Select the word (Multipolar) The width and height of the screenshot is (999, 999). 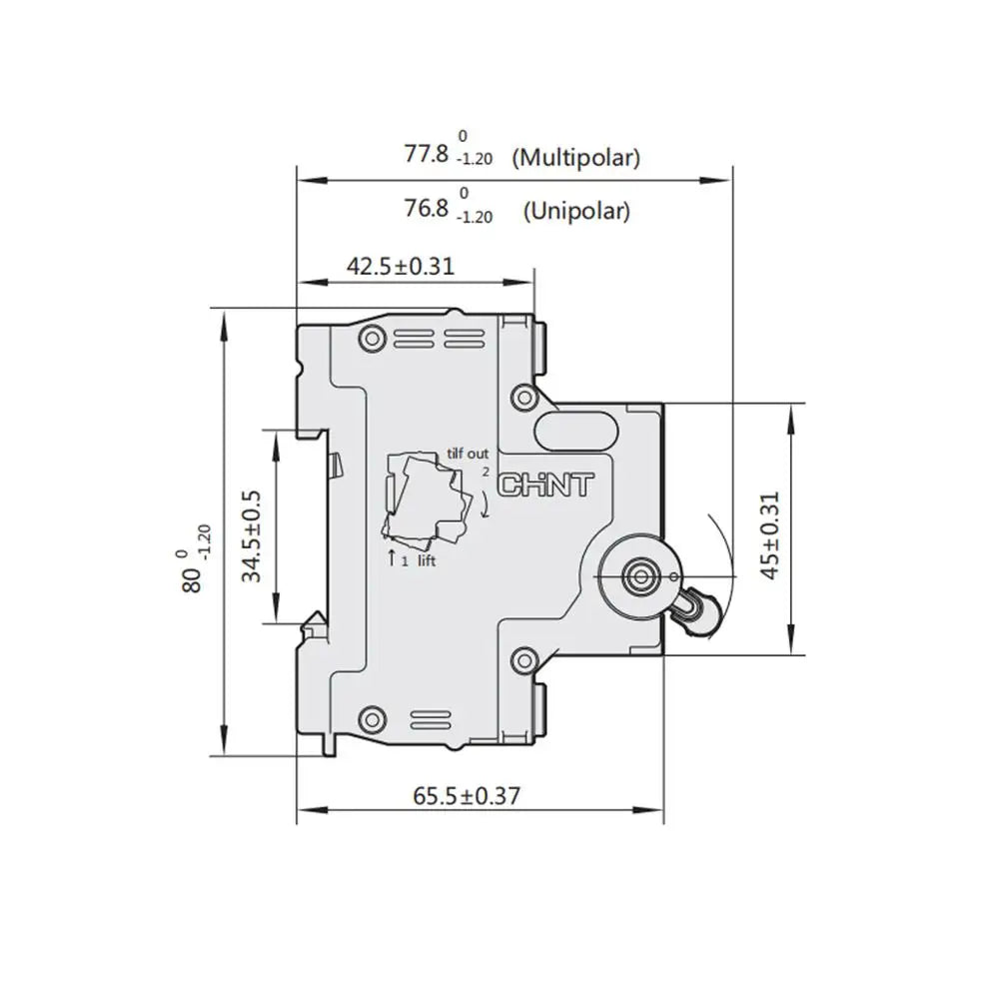pyautogui.click(x=575, y=157)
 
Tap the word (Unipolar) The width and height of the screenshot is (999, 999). pyautogui.click(x=576, y=211)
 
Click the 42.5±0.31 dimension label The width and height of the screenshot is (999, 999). pyautogui.click(x=400, y=266)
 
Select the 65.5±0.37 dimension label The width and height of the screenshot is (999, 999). pyautogui.click(x=467, y=795)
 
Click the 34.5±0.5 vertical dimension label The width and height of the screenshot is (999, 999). pyautogui.click(x=251, y=535)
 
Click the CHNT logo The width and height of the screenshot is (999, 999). pyautogui.click(x=545, y=487)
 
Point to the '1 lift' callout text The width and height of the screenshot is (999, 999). pyautogui.click(x=419, y=561)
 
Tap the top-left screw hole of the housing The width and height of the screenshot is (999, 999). pyautogui.click(x=374, y=337)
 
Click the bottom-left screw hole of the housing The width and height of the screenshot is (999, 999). pyautogui.click(x=373, y=716)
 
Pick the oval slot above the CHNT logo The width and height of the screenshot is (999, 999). pyautogui.click(x=578, y=432)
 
